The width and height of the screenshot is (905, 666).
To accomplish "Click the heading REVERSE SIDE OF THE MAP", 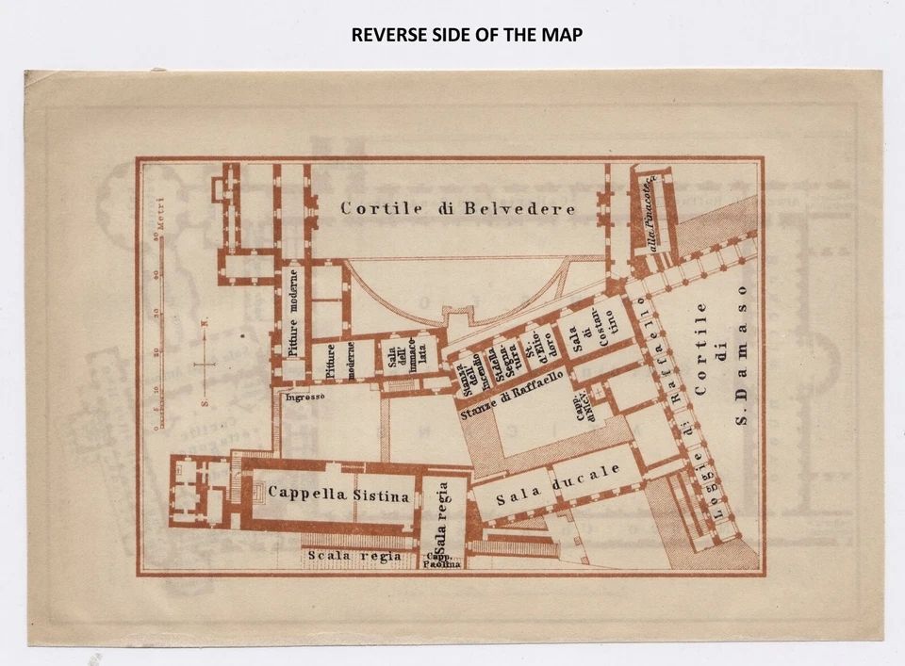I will tap(467, 35).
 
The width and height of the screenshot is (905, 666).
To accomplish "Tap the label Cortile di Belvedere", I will tap(458, 208).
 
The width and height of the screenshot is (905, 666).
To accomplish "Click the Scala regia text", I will tap(354, 556).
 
